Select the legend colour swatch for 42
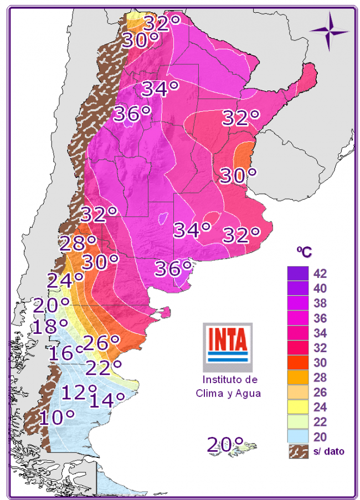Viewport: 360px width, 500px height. pyautogui.click(x=297, y=273)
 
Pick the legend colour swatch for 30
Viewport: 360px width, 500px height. pyautogui.click(x=297, y=363)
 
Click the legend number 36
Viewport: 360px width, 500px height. pyautogui.click(x=320, y=318)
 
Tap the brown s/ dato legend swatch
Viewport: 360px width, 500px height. pyautogui.click(x=297, y=452)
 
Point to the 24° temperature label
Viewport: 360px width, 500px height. pyautogui.click(x=65, y=280)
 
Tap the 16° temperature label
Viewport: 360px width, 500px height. pyautogui.click(x=65, y=353)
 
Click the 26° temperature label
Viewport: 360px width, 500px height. pyautogui.click(x=101, y=343)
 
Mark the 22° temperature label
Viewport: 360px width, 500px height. pyautogui.click(x=104, y=366)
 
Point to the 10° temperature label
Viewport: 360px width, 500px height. pyautogui.click(x=57, y=417)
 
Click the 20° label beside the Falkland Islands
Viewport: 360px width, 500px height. pyautogui.click(x=225, y=444)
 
